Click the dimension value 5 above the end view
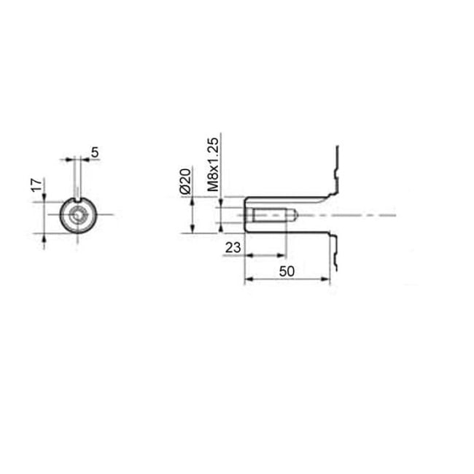pyautogui.click(x=95, y=152)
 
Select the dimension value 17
pyautogui.click(x=34, y=185)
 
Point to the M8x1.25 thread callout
pyautogui.click(x=213, y=165)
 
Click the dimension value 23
pyautogui.click(x=233, y=247)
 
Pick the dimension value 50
pyautogui.click(x=287, y=271)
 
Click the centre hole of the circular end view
pyautogui.click(x=77, y=215)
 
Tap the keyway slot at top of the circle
pyautogui.click(x=77, y=201)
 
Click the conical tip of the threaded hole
pyautogui.click(x=291, y=216)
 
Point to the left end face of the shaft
pyautogui.click(x=244, y=215)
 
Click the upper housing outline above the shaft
pyautogui.click(x=336, y=171)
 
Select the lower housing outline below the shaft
pyautogui.click(x=336, y=252)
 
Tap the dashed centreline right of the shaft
pyautogui.click(x=365, y=216)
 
